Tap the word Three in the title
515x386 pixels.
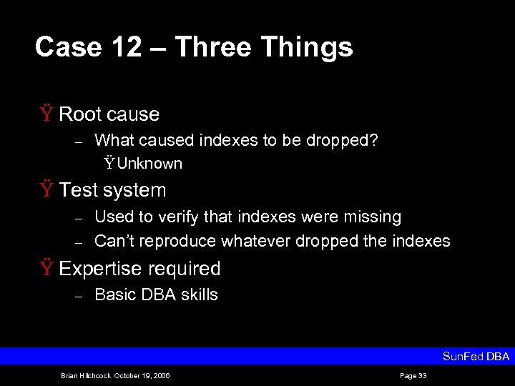[x=213, y=47]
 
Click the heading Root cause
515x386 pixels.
[x=109, y=114]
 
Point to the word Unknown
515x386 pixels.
[x=149, y=164]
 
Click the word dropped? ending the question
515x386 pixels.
[x=342, y=140]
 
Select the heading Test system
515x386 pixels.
[x=112, y=190]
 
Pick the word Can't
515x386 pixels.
[x=113, y=241]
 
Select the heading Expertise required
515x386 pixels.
[x=139, y=269]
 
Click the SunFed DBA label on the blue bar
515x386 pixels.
[x=476, y=356]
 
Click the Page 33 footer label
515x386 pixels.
[x=413, y=376]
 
